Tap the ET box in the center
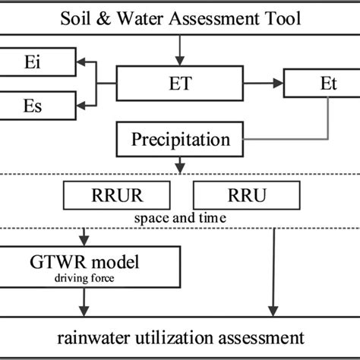coord(181,82)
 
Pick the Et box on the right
coord(318,82)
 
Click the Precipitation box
coord(181,139)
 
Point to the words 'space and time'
coord(180,218)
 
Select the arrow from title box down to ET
coord(180,50)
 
